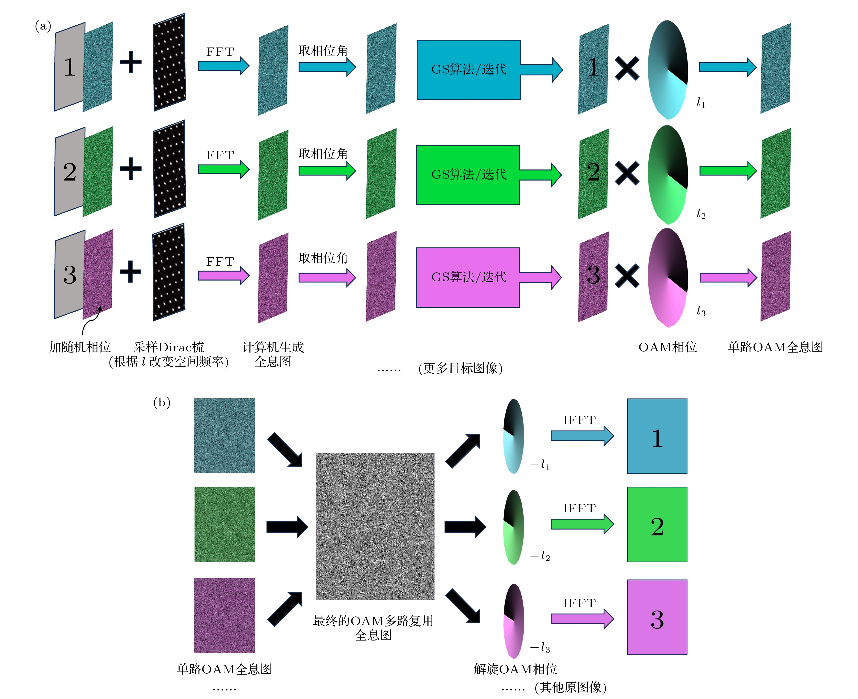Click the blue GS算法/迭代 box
click(x=469, y=70)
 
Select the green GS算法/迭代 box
click(x=467, y=175)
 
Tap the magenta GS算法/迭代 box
click(x=467, y=277)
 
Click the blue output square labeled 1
click(x=657, y=436)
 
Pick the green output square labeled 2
click(x=657, y=524)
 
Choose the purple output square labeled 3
click(x=657, y=617)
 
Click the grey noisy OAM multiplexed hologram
click(x=375, y=526)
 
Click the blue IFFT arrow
click(x=582, y=436)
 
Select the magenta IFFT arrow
click(x=582, y=618)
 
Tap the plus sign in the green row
click(x=131, y=168)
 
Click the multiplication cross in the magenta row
click(x=627, y=276)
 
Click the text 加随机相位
click(x=80, y=347)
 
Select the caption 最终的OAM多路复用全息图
click(x=373, y=627)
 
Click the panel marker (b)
click(x=162, y=402)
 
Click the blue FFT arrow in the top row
click(x=223, y=66)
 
